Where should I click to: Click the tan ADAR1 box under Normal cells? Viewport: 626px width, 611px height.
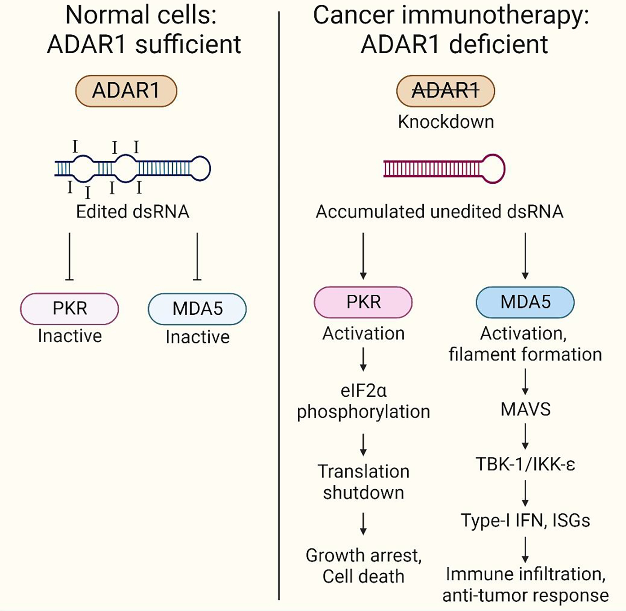[126, 91]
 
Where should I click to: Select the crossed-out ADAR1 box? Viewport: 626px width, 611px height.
[445, 91]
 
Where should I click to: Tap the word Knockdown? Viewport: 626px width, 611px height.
[446, 122]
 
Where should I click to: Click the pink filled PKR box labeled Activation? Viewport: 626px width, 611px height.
[363, 302]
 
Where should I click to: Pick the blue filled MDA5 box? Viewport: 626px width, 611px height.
[525, 302]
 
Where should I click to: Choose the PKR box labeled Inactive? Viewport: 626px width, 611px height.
[70, 308]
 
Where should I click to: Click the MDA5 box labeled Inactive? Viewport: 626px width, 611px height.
[197, 309]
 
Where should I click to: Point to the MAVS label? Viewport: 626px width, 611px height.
[526, 410]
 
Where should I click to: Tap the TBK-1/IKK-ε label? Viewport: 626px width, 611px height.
[526, 464]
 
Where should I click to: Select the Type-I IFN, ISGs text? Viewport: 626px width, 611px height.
[526, 521]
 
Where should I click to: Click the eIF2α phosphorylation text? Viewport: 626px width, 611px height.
[363, 401]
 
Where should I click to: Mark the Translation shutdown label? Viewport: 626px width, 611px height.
[363, 482]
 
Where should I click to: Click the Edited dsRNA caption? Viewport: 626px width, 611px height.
[133, 212]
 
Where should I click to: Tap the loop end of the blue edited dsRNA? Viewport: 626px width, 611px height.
[200, 168]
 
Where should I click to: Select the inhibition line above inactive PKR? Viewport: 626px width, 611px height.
[70, 257]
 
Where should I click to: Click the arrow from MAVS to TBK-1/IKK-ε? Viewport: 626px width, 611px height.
[526, 437]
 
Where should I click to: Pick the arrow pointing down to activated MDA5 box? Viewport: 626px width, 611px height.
[525, 256]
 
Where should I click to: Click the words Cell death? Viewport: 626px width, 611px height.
[363, 576]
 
